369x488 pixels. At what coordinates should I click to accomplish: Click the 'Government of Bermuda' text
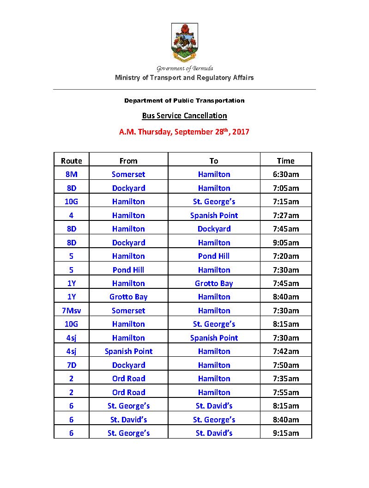[x=184, y=68]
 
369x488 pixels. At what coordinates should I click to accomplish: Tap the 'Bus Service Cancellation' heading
[x=184, y=116]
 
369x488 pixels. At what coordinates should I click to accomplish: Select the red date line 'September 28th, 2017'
[x=184, y=132]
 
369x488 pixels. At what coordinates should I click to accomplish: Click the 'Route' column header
[x=71, y=161]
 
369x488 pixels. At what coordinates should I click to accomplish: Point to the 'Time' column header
[x=285, y=161]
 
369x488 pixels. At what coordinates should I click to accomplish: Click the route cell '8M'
[x=71, y=174]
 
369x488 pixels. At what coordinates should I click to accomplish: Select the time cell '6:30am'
[x=285, y=174]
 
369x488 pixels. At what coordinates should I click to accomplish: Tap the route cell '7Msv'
[x=71, y=311]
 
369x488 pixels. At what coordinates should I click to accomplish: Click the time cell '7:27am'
[x=285, y=215]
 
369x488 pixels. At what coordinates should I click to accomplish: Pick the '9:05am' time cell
[x=285, y=243]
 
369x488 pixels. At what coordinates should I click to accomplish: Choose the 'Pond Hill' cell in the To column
[x=214, y=256]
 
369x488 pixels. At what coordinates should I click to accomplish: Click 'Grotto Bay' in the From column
[x=128, y=297]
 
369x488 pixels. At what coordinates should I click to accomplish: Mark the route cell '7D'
[x=71, y=365]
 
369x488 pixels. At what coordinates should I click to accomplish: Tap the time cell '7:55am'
[x=285, y=392]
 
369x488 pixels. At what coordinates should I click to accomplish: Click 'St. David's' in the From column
[x=128, y=420]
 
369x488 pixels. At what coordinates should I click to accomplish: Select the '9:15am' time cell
[x=285, y=433]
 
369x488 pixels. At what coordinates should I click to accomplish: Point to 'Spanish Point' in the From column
[x=128, y=351]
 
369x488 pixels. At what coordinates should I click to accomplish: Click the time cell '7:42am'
[x=285, y=351]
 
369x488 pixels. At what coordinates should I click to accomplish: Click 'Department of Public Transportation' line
[x=184, y=100]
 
